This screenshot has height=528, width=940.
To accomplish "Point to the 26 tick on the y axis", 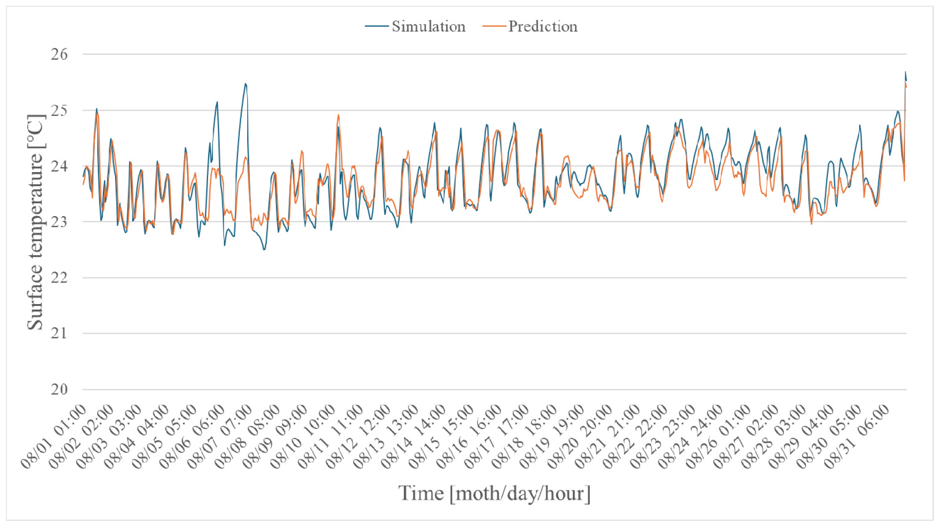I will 59,54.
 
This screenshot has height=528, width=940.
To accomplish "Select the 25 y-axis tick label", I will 59,110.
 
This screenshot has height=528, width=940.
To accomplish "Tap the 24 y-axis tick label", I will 59,166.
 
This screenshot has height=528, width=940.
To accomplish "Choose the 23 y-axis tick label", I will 59,222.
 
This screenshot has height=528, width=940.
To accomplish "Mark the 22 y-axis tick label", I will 59,278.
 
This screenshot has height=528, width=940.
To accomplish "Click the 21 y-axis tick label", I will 59,333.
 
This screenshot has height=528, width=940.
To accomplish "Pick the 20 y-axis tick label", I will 59,390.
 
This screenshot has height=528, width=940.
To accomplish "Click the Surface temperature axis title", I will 35,222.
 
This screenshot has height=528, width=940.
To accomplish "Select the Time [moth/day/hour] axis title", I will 494,493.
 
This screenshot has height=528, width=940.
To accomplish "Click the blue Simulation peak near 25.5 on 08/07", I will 245,84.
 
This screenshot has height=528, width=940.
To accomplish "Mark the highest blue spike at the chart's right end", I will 905,72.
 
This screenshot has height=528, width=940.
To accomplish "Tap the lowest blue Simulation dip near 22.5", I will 264,250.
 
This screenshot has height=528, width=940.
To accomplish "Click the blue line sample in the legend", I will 376,26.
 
